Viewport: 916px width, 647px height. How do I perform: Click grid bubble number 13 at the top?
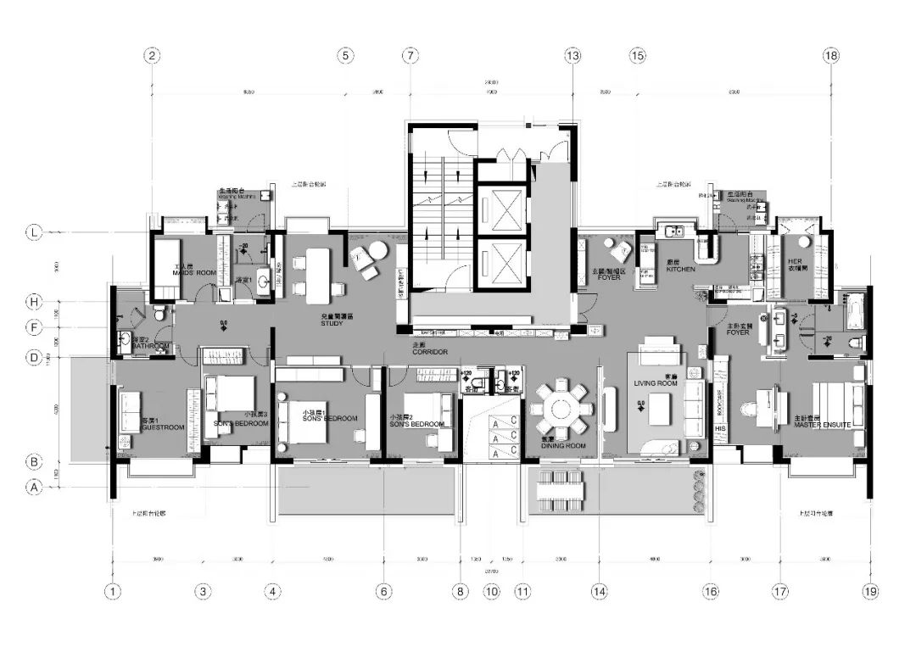(x=572, y=56)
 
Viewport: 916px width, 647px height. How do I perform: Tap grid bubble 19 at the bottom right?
(x=870, y=591)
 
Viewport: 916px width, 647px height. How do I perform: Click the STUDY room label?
(x=332, y=323)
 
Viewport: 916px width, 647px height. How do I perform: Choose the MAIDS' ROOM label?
(x=194, y=273)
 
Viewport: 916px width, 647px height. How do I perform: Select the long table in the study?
(x=317, y=275)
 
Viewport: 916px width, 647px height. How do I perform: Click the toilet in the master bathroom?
(x=855, y=343)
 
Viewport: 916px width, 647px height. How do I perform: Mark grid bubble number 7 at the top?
(x=411, y=56)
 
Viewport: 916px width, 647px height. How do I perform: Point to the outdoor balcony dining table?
(x=561, y=490)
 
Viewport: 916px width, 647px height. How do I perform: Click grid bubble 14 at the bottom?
(x=600, y=591)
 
